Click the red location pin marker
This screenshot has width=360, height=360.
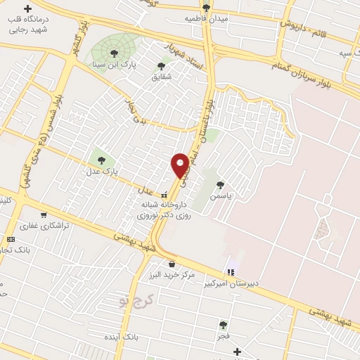tap(181, 165)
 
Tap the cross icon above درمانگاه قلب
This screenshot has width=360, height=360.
tap(27, 9)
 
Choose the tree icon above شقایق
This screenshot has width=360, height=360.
tap(161, 65)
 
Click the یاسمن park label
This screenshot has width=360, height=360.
tap(221, 198)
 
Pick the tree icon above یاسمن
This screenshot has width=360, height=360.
tap(221, 186)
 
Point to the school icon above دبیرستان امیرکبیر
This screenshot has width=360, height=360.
tap(230, 271)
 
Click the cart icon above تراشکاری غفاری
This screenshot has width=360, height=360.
tap(44, 215)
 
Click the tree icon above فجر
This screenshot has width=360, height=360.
tap(223, 324)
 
